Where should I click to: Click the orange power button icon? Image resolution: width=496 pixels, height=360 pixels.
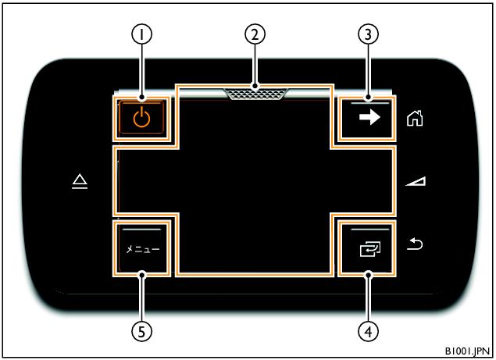coord(141,117)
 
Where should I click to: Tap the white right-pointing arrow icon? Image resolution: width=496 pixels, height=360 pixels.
coord(369,117)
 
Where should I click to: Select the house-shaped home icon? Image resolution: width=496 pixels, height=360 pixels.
coord(415,118)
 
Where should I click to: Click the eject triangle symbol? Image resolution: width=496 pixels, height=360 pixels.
coord(80,181)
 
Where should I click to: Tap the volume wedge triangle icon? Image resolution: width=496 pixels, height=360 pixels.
coord(416,181)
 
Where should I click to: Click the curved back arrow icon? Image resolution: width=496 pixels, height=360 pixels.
coord(415,244)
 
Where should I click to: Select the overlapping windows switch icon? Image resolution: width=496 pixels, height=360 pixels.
coord(370,249)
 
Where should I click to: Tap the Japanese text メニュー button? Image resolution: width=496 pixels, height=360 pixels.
coord(143,249)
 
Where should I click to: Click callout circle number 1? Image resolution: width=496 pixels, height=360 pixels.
coord(141,34)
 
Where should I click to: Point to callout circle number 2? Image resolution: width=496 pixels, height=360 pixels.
coord(255,34)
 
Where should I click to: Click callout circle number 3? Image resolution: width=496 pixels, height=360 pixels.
coord(368,34)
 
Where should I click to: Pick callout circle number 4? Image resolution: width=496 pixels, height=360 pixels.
coord(368,332)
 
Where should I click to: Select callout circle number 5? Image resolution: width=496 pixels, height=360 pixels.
coord(141,332)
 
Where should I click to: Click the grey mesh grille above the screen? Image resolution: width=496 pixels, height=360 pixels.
coord(255,94)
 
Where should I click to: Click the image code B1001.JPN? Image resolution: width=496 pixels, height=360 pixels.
coord(467,351)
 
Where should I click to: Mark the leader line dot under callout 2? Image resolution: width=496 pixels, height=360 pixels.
coord(255,86)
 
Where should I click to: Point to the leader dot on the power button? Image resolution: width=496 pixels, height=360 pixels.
coord(141,98)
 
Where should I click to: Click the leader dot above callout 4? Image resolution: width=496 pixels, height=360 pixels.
coord(368,275)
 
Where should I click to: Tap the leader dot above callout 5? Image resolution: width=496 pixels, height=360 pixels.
coord(141,275)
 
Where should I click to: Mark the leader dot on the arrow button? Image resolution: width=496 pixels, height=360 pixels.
coord(368,98)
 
